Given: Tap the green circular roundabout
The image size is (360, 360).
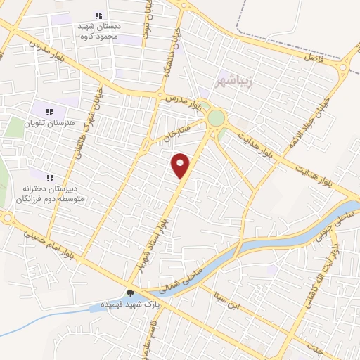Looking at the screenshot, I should (x=217, y=117).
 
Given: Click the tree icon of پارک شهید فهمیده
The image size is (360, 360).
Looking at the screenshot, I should (x=130, y=294).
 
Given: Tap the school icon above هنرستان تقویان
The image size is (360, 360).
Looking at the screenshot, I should (x=49, y=112).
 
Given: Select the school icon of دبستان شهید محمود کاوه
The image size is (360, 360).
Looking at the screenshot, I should (x=98, y=15).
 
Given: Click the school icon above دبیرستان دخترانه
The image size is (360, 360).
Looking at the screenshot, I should (x=49, y=178).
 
